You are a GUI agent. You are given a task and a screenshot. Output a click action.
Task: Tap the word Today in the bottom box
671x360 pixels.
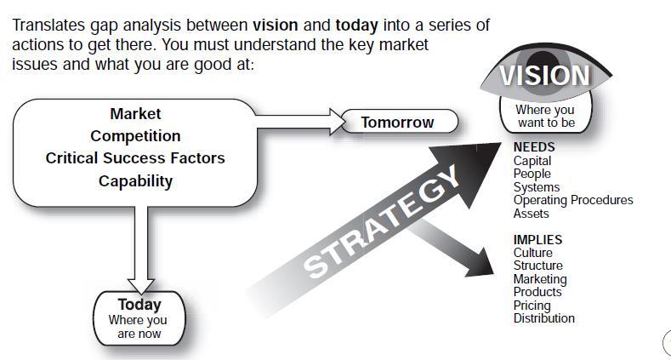coord(139,305)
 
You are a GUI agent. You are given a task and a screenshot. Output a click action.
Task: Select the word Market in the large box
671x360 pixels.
coord(135,114)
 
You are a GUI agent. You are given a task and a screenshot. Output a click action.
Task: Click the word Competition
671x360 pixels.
coord(135,136)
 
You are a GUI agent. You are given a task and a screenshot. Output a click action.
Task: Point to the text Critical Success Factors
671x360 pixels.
coord(135,158)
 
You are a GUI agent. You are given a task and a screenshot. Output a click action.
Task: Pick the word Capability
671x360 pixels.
coord(135,181)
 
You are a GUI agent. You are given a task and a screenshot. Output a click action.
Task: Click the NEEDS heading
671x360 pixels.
coord(534,147)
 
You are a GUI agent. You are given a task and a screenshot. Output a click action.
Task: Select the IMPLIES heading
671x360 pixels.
coord(538,239)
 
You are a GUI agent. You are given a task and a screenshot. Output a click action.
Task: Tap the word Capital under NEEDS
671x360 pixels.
coord(532,161)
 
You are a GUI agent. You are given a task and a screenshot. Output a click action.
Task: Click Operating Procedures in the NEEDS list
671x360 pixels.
coord(573,200)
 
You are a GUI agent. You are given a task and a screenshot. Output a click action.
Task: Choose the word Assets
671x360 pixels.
coord(531,213)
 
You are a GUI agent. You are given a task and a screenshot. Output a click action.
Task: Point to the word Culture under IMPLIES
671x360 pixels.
coord(532,253)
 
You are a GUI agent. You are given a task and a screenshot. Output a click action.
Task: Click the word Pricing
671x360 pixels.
coord(532,306)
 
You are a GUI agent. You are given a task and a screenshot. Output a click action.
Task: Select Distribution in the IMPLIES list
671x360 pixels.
coord(544,318)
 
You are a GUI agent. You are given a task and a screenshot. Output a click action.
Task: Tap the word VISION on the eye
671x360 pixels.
coord(545,76)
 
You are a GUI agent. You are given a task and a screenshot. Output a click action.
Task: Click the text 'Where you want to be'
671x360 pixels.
coord(545,116)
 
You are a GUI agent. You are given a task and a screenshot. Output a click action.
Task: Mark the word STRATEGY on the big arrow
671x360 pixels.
coord(381,222)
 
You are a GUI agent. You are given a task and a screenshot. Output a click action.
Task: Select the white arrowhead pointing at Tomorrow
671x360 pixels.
coord(338,122)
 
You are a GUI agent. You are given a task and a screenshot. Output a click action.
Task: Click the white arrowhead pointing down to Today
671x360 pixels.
coord(141,287)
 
